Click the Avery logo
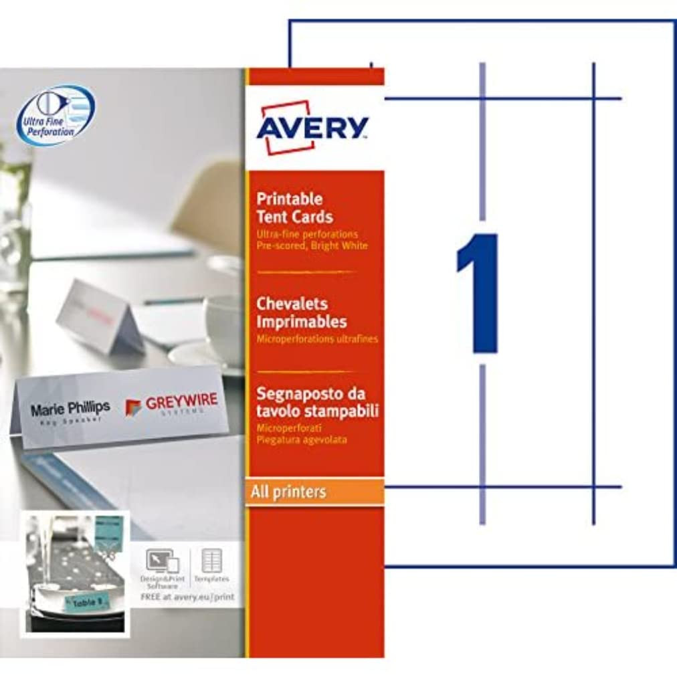(x=312, y=127)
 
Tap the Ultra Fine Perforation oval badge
(x=56, y=115)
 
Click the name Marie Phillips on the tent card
(x=70, y=407)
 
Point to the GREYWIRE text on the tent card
(x=181, y=401)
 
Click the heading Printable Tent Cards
(x=294, y=207)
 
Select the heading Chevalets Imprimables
(x=302, y=312)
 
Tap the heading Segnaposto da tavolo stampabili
(x=317, y=402)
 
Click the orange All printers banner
(x=315, y=492)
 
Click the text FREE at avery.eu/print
(x=187, y=597)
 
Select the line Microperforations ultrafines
(x=317, y=339)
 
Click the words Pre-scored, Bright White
(x=312, y=246)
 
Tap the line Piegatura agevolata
(x=301, y=440)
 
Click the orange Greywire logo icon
(x=133, y=407)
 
